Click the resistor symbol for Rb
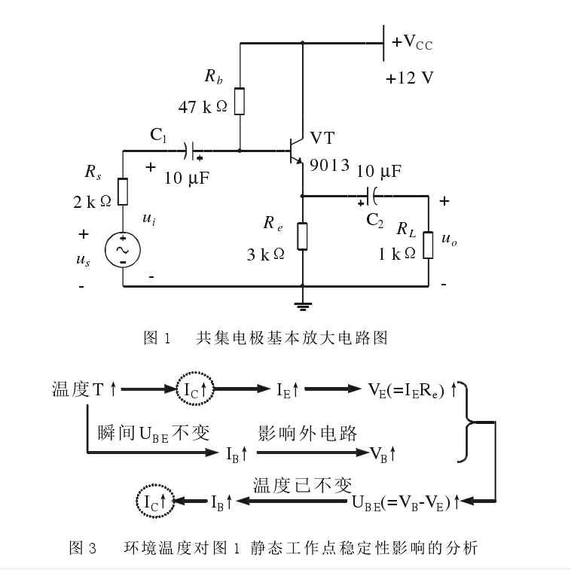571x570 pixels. coord(240,101)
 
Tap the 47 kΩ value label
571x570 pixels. coord(203,107)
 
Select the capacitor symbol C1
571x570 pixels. coord(194,151)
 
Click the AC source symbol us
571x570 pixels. coord(122,250)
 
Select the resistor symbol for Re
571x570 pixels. coord(302,236)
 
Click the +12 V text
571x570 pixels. coord(410,78)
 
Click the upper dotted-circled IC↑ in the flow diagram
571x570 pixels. coord(195,389)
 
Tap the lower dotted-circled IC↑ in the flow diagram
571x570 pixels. coord(154,500)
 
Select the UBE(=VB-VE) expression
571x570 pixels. coord(405,501)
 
